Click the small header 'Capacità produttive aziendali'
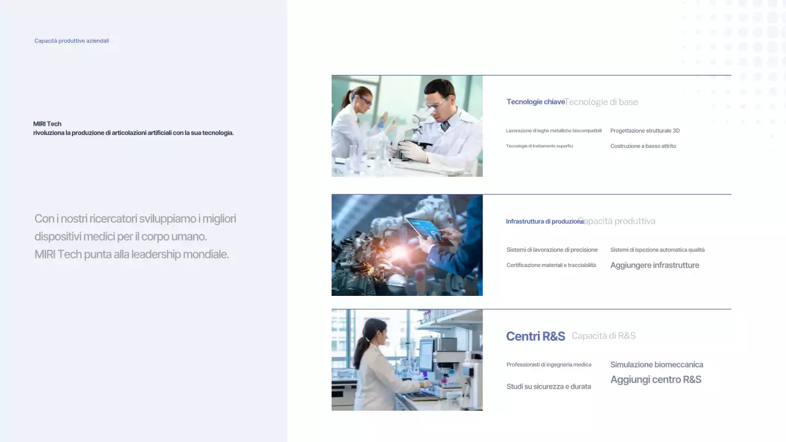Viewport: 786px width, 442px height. [x=71, y=41]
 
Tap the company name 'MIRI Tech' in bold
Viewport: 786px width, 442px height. [x=47, y=124]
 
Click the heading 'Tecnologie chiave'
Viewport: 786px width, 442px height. [x=535, y=102]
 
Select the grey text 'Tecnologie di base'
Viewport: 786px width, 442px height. [x=602, y=102]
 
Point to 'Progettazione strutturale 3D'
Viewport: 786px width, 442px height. [x=645, y=131]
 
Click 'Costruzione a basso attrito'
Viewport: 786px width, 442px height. [x=643, y=146]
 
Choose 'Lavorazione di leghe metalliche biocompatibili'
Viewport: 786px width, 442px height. [x=553, y=131]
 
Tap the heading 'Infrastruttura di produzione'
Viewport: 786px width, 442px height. [x=544, y=221]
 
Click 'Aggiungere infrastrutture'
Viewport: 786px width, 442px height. [x=655, y=265]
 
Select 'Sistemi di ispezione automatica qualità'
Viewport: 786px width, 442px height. [x=657, y=250]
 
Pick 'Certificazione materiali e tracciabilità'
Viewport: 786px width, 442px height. [x=551, y=265]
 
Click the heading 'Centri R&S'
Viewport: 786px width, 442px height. [x=535, y=336]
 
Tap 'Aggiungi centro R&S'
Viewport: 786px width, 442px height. [x=656, y=379]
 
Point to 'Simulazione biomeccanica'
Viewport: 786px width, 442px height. [x=656, y=365]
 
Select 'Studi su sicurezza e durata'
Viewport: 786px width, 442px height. [x=548, y=387]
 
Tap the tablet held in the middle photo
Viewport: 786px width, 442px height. [x=426, y=229]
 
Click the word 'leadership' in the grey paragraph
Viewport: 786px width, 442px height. [x=160, y=254]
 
